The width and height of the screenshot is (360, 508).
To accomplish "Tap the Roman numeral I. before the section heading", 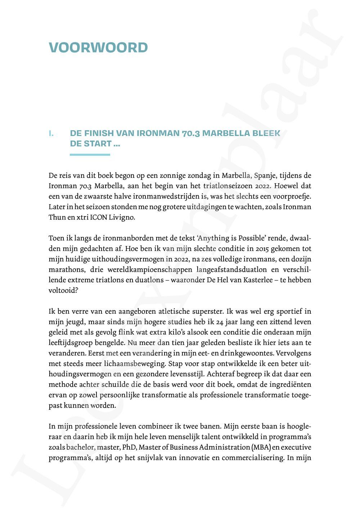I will click(x=51, y=133).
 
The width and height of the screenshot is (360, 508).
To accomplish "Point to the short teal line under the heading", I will click(x=90, y=155).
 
